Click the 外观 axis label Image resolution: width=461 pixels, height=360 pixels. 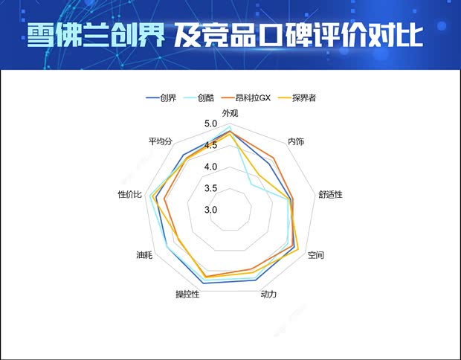230,113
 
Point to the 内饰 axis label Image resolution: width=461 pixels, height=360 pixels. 295,141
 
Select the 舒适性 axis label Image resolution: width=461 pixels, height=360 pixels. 330,194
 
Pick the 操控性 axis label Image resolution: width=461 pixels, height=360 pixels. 187,295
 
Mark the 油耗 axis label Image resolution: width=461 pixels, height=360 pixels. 144,255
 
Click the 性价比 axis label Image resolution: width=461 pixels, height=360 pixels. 129,194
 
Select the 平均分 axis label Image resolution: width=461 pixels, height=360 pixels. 161,141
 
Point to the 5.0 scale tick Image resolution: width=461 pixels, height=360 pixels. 210,123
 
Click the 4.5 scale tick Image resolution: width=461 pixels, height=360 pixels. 210,145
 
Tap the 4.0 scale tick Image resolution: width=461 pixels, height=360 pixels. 210,167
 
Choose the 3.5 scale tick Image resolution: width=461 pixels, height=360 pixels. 210,188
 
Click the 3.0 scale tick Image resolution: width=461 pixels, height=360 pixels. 210,210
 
